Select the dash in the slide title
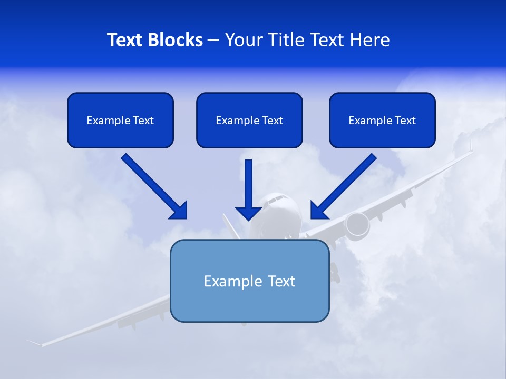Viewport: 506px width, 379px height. coord(213,41)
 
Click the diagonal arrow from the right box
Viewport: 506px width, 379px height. coord(343,187)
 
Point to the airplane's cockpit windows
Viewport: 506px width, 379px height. coord(278,200)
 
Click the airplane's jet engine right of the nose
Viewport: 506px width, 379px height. coord(357,224)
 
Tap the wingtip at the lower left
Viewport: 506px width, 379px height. coord(35,343)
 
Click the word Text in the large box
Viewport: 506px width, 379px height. coord(281,281)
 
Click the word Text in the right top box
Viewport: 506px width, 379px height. coord(405,121)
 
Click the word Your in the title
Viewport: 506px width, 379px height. coord(242,40)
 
